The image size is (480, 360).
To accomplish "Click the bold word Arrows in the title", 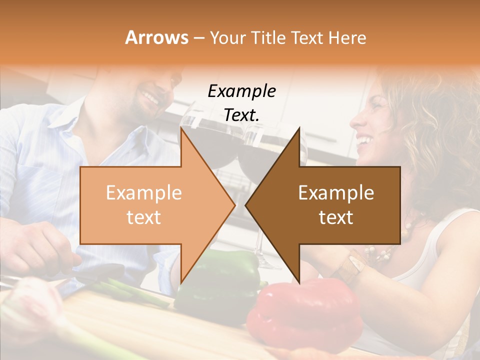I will tap(157, 37).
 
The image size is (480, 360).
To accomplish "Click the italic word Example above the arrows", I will tap(241, 91).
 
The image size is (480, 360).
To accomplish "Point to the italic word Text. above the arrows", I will tap(241, 115).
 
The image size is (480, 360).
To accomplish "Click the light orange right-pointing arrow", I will tap(150, 205).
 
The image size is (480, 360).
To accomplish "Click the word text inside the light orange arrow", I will tap(143, 217).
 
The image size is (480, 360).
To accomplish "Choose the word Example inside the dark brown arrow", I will tap(336, 193).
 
